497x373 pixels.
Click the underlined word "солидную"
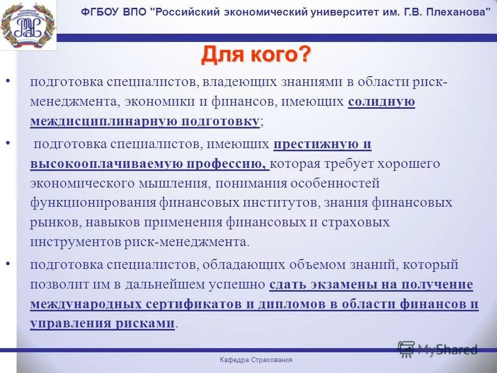coord(382,102)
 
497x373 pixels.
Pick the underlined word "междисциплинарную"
coord(104,122)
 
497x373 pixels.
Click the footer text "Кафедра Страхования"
coord(256,360)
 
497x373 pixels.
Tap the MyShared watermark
coord(438,349)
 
